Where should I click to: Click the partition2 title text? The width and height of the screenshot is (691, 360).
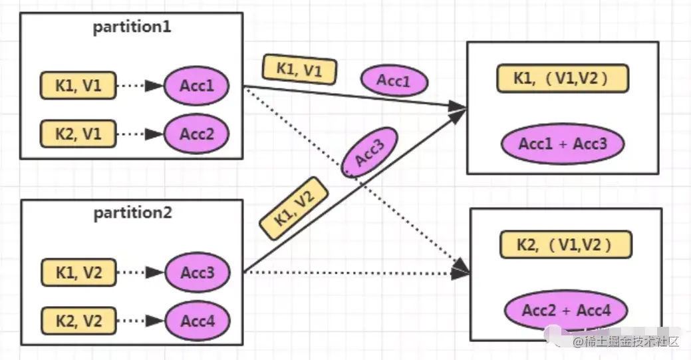(x=132, y=213)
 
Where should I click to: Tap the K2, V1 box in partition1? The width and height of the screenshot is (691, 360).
(x=77, y=133)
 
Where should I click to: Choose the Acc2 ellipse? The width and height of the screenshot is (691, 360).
(x=196, y=133)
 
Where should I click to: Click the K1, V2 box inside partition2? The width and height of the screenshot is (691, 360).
(x=77, y=272)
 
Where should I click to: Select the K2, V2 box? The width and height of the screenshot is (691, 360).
(x=77, y=321)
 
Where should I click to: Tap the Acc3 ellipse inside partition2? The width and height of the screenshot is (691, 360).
(x=196, y=272)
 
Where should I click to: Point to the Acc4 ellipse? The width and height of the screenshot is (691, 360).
(x=196, y=321)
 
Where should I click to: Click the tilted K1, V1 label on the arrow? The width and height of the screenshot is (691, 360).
(x=299, y=70)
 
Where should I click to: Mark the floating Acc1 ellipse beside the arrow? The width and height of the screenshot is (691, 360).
(x=394, y=81)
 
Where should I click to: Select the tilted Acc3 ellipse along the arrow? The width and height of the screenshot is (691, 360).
(x=370, y=153)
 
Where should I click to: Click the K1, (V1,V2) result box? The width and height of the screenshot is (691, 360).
(x=561, y=79)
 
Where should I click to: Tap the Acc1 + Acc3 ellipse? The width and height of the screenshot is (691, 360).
(x=563, y=143)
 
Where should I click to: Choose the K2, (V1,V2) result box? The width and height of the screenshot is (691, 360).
(x=565, y=245)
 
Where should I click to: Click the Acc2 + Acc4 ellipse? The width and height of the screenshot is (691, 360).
(x=565, y=309)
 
